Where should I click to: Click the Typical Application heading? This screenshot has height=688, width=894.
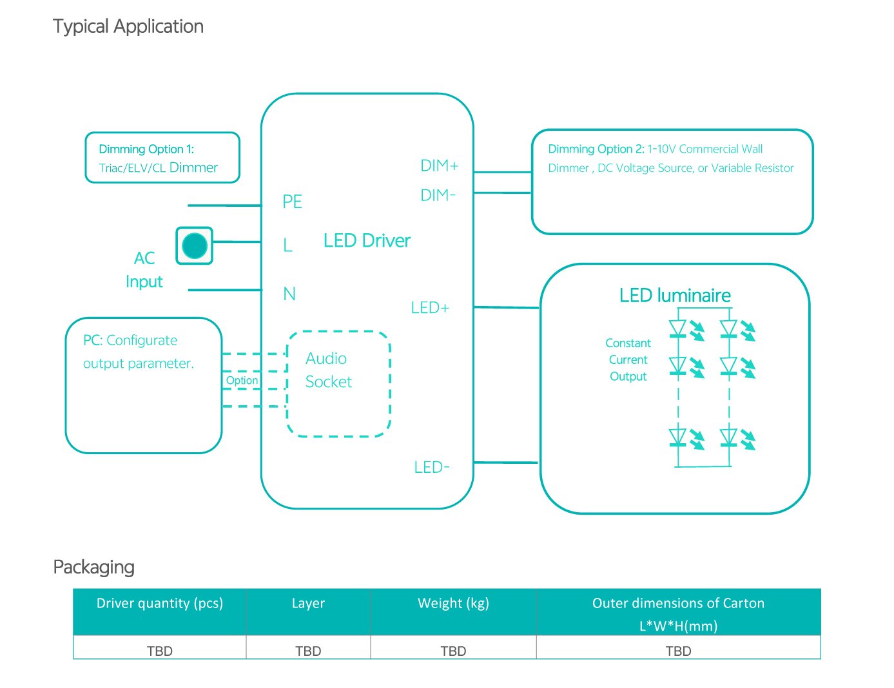click(128, 26)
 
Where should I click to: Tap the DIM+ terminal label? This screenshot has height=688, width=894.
click(439, 166)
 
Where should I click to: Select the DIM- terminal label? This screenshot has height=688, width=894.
click(438, 195)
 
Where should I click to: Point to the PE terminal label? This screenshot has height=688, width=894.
click(292, 202)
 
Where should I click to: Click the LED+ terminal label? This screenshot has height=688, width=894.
click(429, 308)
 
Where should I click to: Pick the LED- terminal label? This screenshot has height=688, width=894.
click(431, 467)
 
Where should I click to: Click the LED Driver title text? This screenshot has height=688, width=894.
click(367, 241)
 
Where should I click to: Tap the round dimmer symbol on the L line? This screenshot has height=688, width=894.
click(195, 245)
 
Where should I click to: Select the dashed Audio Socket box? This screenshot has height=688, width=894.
click(338, 384)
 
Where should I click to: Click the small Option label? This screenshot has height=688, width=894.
click(242, 381)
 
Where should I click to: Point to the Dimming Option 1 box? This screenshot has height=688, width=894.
click(162, 158)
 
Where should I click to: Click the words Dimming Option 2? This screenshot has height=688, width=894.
click(596, 149)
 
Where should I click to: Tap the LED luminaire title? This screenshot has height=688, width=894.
click(675, 296)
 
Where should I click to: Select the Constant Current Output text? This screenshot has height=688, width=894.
click(628, 359)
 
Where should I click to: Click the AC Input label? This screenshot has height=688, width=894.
click(144, 270)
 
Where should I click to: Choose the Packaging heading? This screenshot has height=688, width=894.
click(93, 567)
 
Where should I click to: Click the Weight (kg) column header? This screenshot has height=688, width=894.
click(453, 604)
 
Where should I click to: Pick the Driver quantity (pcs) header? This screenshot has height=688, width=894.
click(159, 604)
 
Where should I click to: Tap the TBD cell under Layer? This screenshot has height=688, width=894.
click(308, 651)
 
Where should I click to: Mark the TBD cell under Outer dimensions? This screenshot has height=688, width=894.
click(678, 651)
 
